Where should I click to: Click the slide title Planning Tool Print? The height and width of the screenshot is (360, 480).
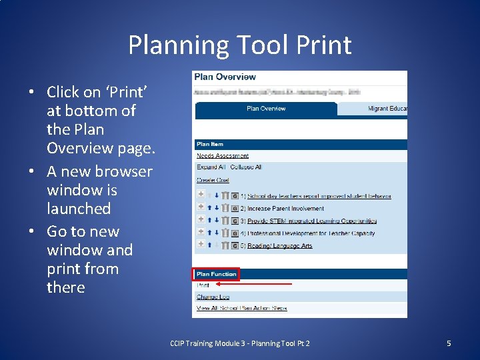[240, 45]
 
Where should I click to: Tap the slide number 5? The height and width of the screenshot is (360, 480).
[449, 343]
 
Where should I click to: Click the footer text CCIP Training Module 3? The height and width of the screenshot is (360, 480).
[239, 343]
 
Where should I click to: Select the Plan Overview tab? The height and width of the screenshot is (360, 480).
[265, 109]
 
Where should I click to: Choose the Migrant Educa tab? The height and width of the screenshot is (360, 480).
[387, 109]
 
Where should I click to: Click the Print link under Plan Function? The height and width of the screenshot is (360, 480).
[203, 285]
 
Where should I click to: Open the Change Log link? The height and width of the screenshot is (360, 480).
[213, 297]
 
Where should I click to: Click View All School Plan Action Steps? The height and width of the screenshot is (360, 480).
[241, 308]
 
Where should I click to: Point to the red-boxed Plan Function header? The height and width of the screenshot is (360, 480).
[216, 274]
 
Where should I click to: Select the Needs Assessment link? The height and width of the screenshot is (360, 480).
[222, 156]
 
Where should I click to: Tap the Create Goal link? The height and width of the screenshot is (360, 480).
[213, 180]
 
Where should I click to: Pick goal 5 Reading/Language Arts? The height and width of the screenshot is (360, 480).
[279, 246]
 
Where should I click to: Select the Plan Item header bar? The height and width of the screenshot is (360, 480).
[300, 144]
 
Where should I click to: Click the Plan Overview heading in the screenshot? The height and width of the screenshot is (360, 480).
[225, 77]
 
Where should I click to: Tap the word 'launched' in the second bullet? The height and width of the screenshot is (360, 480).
[79, 209]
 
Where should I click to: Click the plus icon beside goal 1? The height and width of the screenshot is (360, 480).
[201, 196]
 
